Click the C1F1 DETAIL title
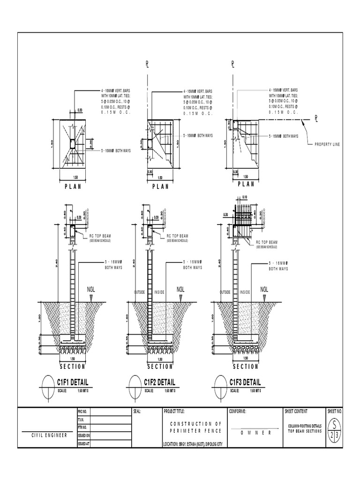point(72,382)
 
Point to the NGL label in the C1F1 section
point(92,289)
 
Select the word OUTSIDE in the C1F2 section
point(140,292)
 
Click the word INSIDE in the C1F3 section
point(244,292)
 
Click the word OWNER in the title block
point(256,433)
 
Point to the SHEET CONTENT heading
point(296,412)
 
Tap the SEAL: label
point(137,412)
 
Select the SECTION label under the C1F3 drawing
point(246,367)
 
